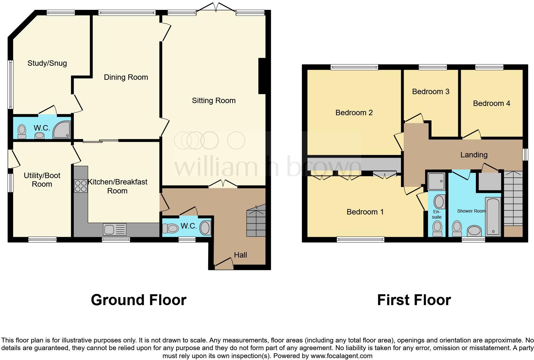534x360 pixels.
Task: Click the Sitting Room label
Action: point(214,101)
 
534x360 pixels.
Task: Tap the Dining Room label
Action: point(126,77)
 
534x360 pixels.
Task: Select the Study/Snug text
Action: point(47,63)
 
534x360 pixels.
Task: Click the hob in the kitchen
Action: point(80,186)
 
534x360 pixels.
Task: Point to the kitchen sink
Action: point(114,229)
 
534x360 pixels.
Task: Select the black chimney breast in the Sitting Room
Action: point(262,76)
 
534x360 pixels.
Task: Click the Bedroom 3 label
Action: point(431,92)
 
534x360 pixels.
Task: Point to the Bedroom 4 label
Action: point(491,103)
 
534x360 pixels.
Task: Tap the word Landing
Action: point(474,155)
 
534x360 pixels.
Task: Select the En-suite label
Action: point(437,214)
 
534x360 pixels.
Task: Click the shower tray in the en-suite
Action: point(436,181)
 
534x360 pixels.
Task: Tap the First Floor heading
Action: point(414,300)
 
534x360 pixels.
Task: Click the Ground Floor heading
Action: point(138,300)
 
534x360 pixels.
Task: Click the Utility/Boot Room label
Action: point(42,180)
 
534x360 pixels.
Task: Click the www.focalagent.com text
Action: point(341,356)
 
